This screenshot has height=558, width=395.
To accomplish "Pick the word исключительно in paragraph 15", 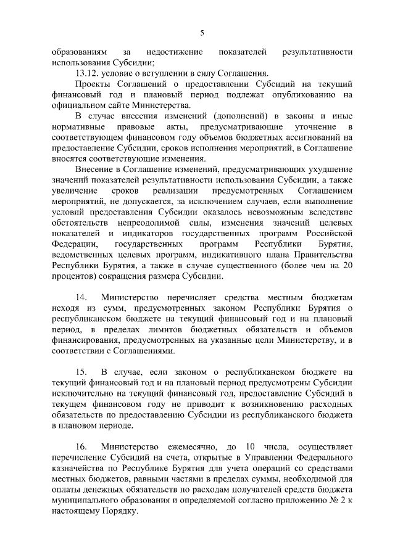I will (82, 393).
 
